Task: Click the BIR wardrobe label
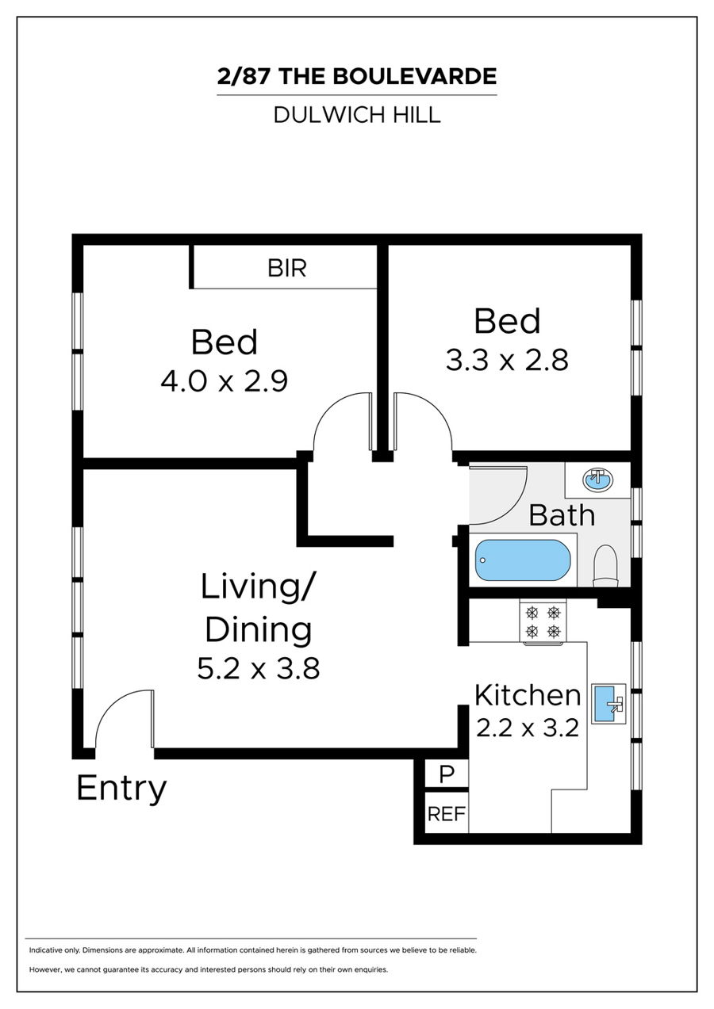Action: point(287,269)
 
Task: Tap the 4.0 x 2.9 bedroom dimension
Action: point(224,381)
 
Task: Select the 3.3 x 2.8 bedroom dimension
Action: point(507,361)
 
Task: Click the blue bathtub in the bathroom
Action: point(523,560)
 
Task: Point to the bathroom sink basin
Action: point(597,480)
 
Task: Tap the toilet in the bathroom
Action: point(605,566)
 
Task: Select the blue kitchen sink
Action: point(608,703)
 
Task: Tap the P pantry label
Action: point(446,774)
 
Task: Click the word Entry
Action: point(121,789)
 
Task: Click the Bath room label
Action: point(562,515)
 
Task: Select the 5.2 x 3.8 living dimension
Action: point(259,668)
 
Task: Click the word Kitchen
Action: point(528,695)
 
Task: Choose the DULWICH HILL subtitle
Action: point(357,115)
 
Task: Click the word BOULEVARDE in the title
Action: point(415,76)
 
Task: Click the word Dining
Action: point(259,629)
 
